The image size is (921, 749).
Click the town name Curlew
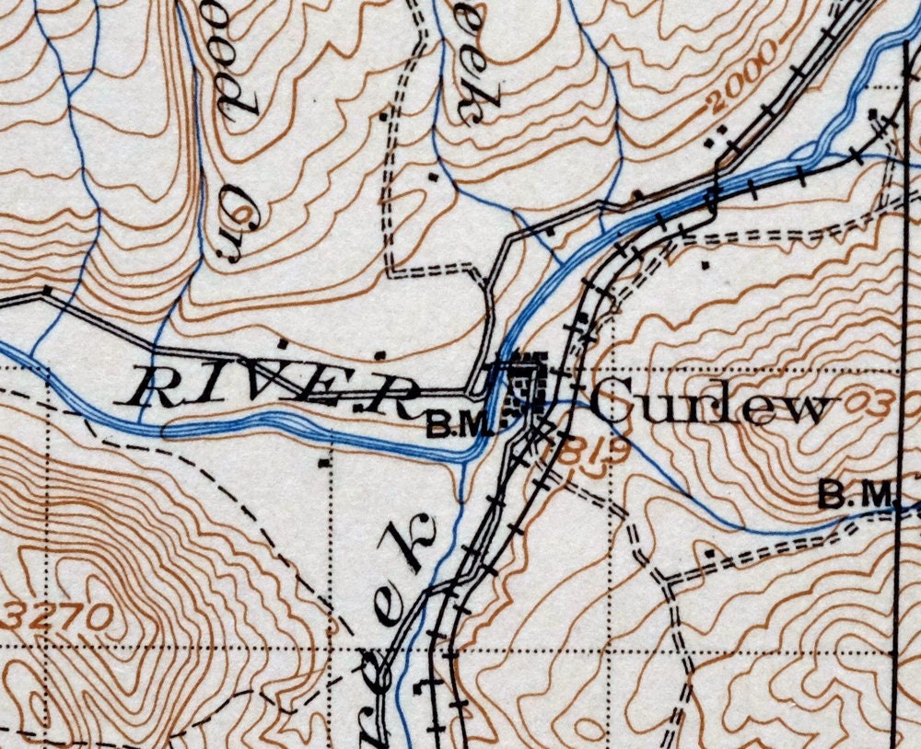click(709, 405)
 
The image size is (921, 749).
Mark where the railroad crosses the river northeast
click(714, 195)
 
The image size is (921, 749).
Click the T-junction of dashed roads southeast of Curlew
click(665, 582)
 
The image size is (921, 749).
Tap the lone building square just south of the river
click(324, 464)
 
